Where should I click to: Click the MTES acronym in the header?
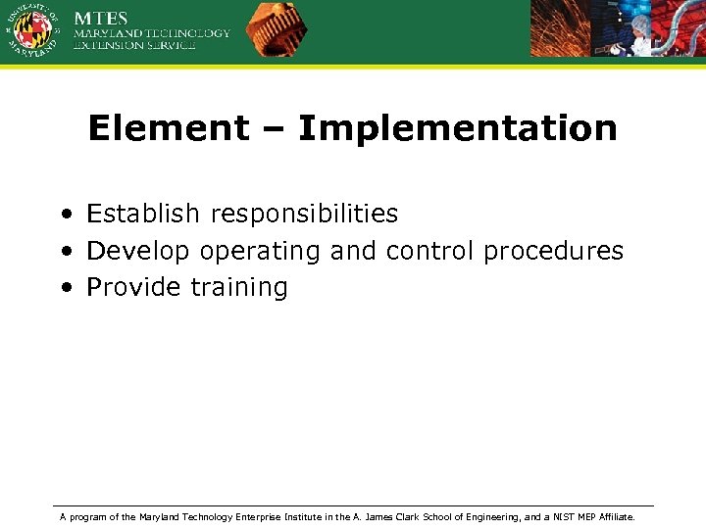[102, 18]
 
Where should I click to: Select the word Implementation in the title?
[457, 128]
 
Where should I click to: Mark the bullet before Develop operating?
[64, 252]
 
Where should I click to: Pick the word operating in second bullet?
[260, 252]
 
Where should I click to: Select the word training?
[238, 288]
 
